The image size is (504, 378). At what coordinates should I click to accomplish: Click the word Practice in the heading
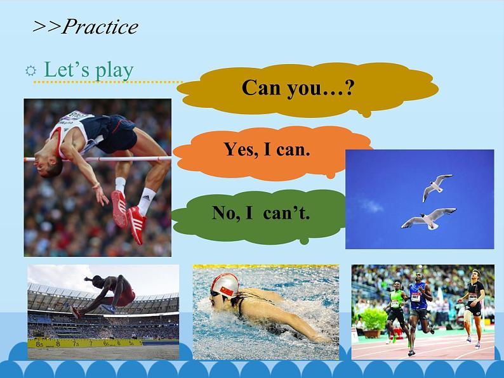(100, 27)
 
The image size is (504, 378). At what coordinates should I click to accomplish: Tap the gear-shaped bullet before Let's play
(31, 70)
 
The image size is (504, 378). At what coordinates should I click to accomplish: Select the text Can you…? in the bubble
(298, 88)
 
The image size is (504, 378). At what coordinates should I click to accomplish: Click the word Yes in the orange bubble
(241, 149)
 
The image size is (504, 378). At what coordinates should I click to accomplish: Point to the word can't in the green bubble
(286, 212)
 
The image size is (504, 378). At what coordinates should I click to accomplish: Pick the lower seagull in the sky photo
(428, 218)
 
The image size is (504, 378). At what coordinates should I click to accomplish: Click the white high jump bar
(97, 159)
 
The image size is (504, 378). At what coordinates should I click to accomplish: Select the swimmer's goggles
(215, 293)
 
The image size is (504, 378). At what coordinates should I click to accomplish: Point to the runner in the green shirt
(397, 308)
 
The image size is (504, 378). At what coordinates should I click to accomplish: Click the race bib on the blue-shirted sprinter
(415, 297)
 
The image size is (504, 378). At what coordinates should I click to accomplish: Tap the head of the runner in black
(475, 275)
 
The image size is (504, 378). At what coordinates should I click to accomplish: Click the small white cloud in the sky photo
(371, 205)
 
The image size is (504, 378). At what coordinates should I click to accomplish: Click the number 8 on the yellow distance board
(58, 344)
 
